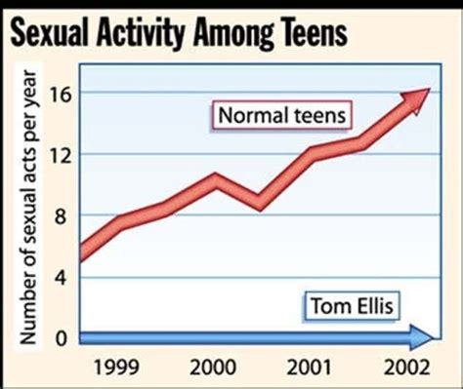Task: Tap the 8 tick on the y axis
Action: (64, 215)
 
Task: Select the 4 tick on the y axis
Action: (64, 277)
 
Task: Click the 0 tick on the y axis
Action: (64, 337)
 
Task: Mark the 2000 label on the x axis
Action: (211, 370)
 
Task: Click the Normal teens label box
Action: (282, 115)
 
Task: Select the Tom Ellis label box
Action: (353, 307)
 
